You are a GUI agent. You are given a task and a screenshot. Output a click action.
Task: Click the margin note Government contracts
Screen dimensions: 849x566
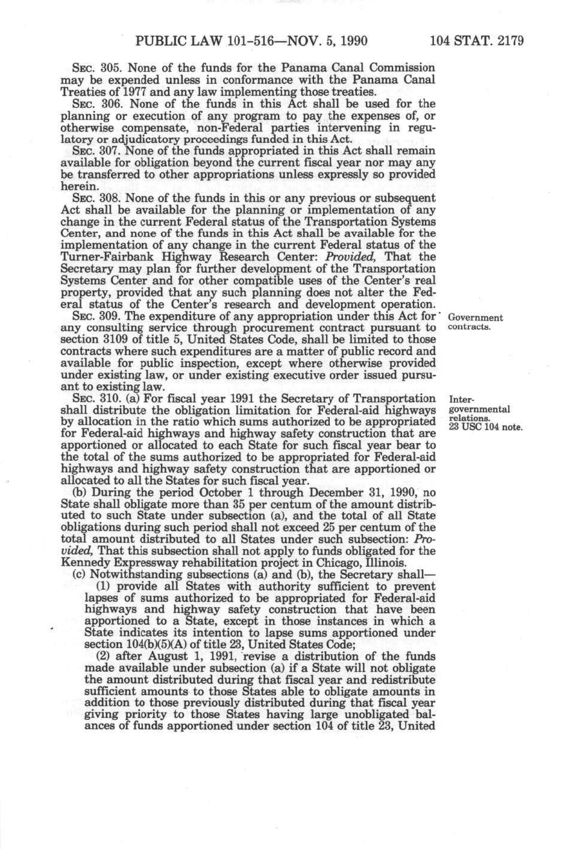click(476, 322)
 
